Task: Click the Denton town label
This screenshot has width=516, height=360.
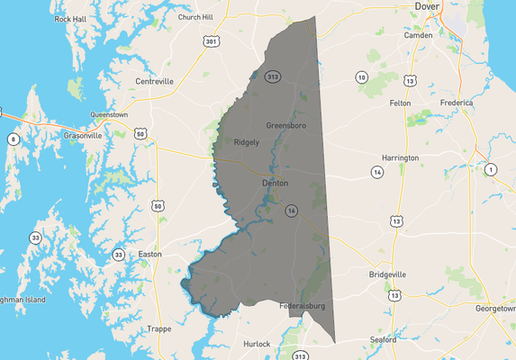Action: [275, 183]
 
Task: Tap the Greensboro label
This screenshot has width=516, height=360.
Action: [286, 125]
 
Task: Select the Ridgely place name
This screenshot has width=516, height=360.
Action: [246, 142]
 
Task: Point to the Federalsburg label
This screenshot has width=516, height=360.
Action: [302, 306]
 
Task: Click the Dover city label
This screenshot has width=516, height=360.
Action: [427, 6]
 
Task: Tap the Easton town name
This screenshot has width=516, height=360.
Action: [149, 254]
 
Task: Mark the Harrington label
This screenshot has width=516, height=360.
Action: [400, 157]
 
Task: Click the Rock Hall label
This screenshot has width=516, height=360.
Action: [70, 18]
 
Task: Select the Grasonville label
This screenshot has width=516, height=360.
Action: [83, 135]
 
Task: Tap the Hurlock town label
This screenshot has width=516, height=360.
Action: [257, 344]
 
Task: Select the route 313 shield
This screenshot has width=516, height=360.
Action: [272, 77]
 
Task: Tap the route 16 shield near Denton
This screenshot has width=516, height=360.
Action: [291, 211]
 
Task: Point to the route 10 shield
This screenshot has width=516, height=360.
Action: [361, 77]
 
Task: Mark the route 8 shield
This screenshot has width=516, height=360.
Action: [13, 139]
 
